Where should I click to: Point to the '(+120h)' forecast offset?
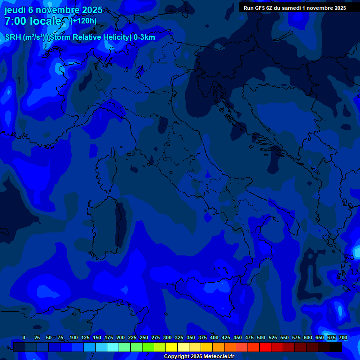[x=83, y=21]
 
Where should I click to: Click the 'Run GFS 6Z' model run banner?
[x=295, y=8]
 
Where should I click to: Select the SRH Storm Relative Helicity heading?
[x=80, y=37]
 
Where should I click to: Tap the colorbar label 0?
[x=24, y=337]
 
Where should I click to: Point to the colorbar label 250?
[x=144, y=337]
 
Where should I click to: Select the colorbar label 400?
[x=214, y=337]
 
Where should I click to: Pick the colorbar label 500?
[x=261, y=337]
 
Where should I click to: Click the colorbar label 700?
[x=343, y=337]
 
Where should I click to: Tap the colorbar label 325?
[x=179, y=337]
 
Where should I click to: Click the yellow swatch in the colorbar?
[x=172, y=347]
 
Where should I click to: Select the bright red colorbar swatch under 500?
[x=265, y=347]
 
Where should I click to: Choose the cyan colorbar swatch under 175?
[x=113, y=347]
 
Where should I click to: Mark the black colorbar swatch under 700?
[x=336, y=347]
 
